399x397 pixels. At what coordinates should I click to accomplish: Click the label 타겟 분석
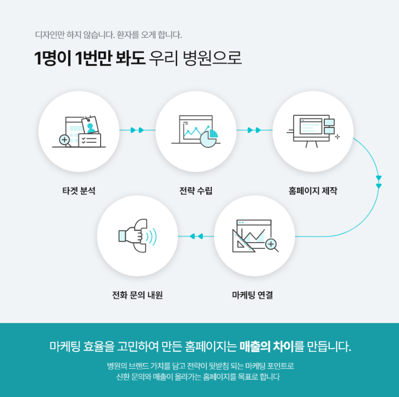pyautogui.click(x=79, y=191)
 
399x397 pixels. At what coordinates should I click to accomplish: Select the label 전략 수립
pyautogui.click(x=196, y=191)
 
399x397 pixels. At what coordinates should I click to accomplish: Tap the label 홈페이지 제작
pyautogui.click(x=313, y=191)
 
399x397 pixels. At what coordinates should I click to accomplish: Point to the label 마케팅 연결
pyautogui.click(x=253, y=295)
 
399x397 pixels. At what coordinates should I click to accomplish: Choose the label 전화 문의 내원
pyautogui.click(x=137, y=295)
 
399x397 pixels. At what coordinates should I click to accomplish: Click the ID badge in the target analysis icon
pyautogui.click(x=90, y=125)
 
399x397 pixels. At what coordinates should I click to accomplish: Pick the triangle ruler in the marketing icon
pyautogui.click(x=243, y=242)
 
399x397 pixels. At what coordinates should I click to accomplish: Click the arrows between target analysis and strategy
pyautogui.click(x=137, y=130)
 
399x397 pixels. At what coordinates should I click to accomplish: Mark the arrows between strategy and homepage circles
pyautogui.click(x=254, y=130)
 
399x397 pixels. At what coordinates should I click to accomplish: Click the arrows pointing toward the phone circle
pyautogui.click(x=196, y=236)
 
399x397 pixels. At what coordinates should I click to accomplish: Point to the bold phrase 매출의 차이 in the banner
pyautogui.click(x=267, y=347)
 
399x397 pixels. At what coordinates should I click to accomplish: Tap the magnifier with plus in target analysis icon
pyautogui.click(x=65, y=140)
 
